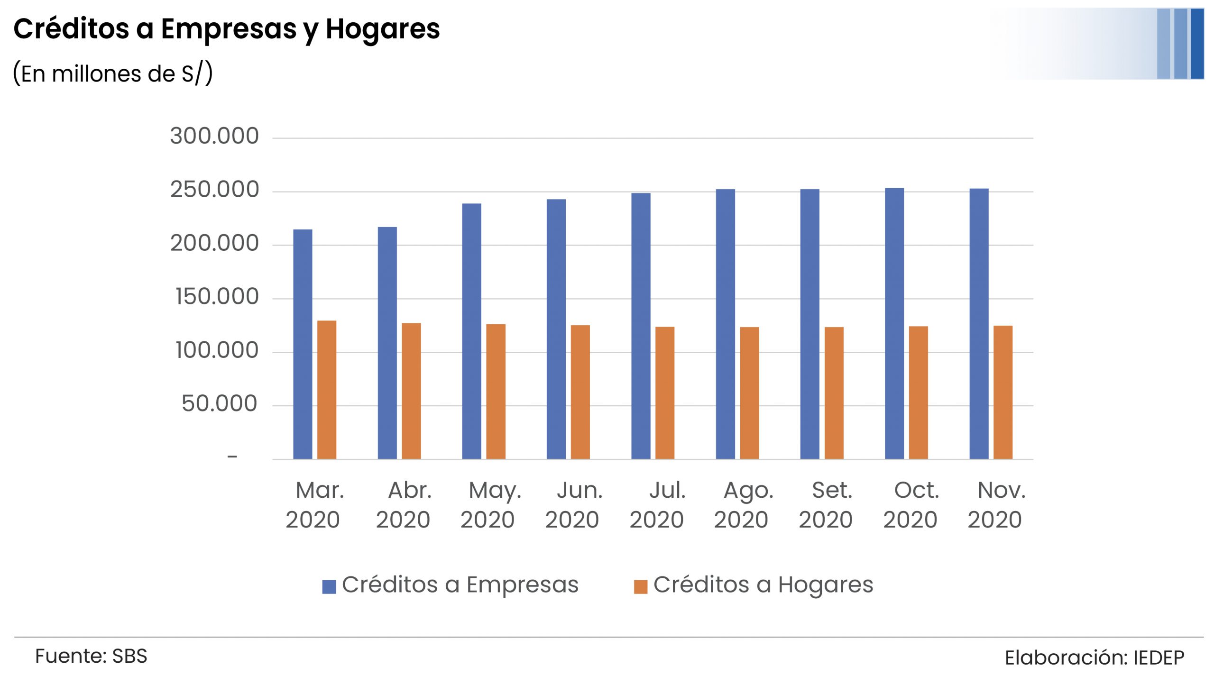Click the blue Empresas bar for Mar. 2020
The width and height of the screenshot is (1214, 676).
[303, 344]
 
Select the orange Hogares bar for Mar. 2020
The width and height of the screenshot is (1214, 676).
[327, 390]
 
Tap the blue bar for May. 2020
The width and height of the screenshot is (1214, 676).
[471, 331]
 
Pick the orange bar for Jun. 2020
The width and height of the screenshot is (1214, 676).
[580, 392]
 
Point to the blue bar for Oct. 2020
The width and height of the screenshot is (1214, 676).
[894, 324]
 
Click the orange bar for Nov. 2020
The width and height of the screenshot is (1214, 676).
[1003, 393]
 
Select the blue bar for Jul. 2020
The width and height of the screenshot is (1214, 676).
[641, 326]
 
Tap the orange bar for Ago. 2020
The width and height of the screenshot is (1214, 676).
[749, 393]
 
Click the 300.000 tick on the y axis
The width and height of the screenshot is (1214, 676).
[214, 136]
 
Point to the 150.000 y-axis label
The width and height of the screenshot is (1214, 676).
[217, 297]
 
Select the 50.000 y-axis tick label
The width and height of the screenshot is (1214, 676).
[219, 404]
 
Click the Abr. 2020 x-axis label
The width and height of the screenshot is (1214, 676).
[404, 505]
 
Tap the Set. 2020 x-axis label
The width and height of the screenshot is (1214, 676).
[826, 505]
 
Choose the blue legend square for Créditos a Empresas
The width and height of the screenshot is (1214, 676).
[329, 586]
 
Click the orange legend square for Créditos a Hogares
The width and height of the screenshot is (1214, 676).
[641, 586]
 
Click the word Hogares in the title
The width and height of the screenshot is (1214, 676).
[383, 29]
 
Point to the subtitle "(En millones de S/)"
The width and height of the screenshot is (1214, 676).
[113, 74]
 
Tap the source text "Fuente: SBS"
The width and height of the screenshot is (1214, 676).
[91, 656]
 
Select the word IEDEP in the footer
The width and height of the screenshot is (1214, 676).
[1159, 658]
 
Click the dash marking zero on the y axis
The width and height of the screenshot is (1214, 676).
[232, 457]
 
